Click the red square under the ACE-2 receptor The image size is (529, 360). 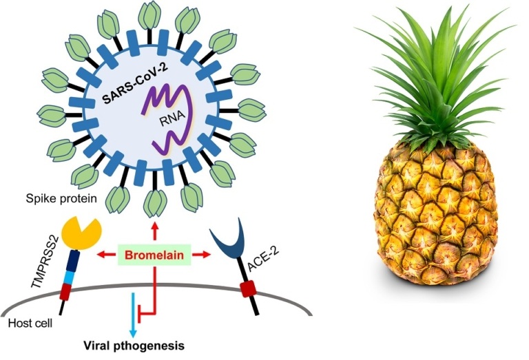tap(246, 285)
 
